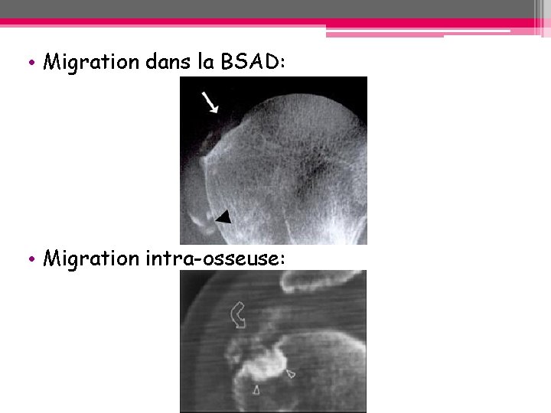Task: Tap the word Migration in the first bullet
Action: (x=90, y=62)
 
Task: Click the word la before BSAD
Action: (x=205, y=62)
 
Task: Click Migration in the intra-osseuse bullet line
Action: (x=90, y=259)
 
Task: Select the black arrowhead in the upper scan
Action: (x=223, y=217)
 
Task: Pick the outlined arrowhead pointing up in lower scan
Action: (x=256, y=390)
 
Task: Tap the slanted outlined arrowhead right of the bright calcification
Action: (x=290, y=373)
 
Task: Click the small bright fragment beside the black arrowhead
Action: (x=204, y=222)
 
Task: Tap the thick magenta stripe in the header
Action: (x=275, y=23)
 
